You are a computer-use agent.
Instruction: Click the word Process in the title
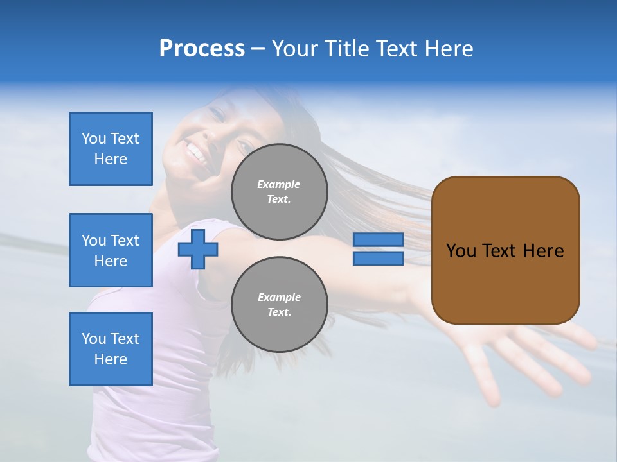(202, 49)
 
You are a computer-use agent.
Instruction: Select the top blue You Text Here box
(111, 149)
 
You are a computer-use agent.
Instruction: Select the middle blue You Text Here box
(111, 250)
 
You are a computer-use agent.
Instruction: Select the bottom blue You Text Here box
(111, 348)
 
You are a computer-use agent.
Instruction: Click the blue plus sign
(198, 249)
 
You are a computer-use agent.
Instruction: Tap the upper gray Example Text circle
(279, 192)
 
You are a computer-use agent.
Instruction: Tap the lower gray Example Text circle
(279, 305)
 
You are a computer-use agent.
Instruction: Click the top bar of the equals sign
(378, 239)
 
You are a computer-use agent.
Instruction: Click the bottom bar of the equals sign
(378, 259)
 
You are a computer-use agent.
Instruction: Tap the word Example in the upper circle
(279, 184)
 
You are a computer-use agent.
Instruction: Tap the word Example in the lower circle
(279, 297)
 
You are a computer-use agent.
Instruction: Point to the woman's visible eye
(216, 114)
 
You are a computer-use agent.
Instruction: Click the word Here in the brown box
(543, 251)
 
